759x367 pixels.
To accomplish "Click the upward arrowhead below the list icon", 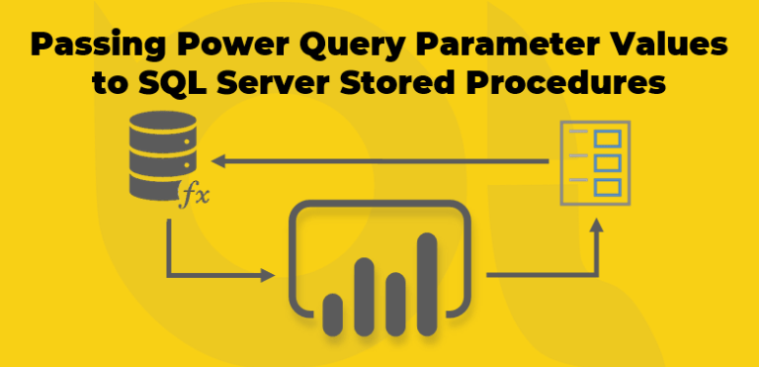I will coord(596,227).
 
